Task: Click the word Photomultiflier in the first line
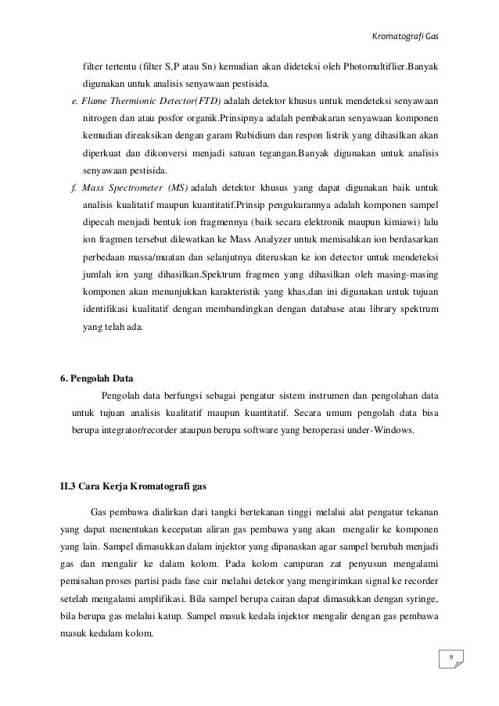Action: tap(368, 66)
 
